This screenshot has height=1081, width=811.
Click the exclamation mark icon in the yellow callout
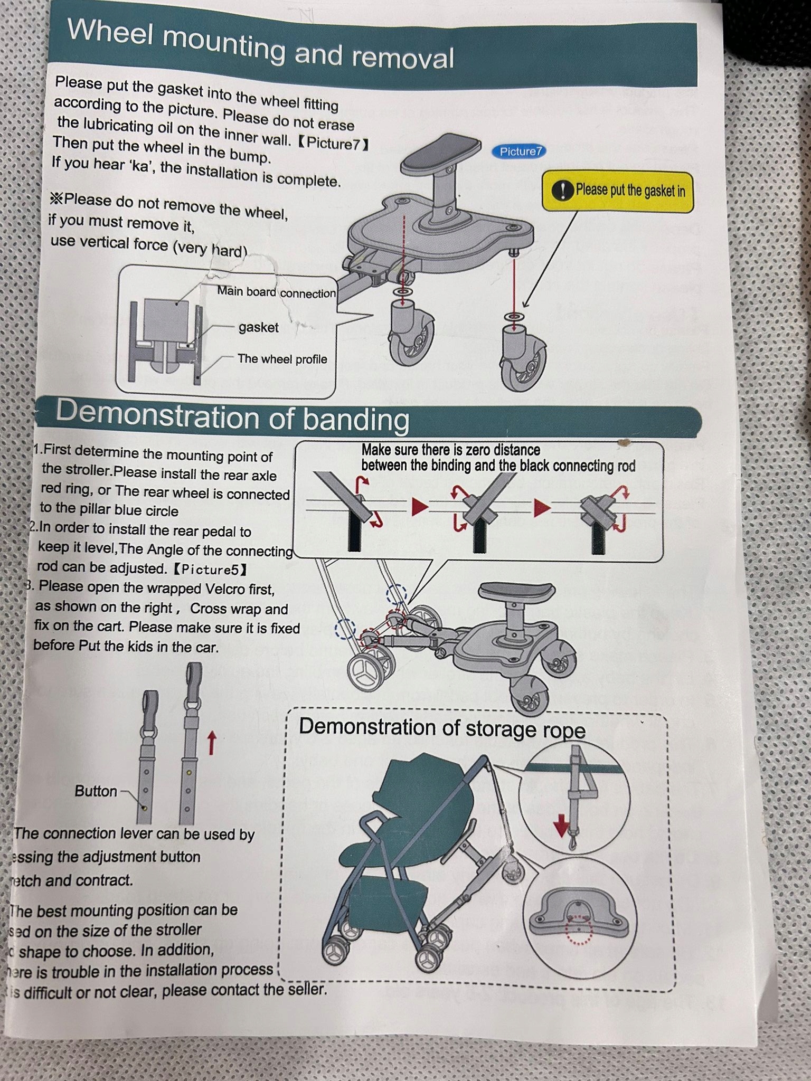(562, 191)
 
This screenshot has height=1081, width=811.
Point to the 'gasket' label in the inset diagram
(258, 328)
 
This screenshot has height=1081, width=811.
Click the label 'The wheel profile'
(282, 359)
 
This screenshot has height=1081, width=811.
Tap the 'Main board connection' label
(276, 292)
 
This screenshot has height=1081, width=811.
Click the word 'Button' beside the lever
(96, 791)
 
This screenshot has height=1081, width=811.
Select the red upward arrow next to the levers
(211, 743)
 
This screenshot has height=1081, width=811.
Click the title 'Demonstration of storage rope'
(442, 728)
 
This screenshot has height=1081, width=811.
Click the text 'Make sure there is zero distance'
(450, 450)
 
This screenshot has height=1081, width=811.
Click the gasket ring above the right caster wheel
(512, 317)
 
